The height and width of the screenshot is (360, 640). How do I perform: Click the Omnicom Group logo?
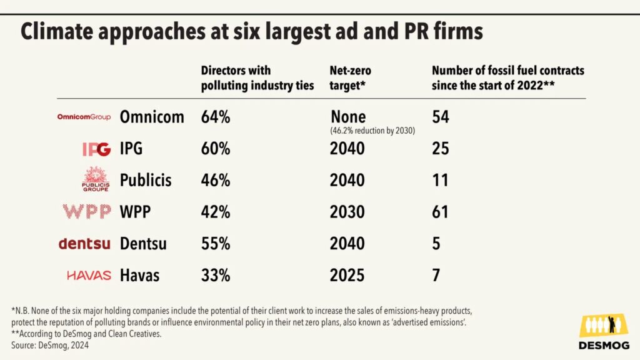(x=84, y=117)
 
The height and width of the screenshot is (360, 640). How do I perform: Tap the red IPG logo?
(x=96, y=149)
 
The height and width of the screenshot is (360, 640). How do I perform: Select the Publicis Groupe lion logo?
(x=96, y=180)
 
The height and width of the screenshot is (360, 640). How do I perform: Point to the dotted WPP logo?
(x=87, y=212)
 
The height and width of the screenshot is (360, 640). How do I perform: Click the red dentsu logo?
(x=84, y=244)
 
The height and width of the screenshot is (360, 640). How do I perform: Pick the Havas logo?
(x=89, y=276)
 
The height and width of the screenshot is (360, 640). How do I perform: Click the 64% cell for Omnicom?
(x=216, y=117)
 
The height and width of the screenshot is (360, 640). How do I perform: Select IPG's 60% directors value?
(x=216, y=149)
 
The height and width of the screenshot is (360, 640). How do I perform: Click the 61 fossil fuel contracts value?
(x=440, y=212)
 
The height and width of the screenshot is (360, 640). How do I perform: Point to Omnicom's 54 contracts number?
(x=441, y=117)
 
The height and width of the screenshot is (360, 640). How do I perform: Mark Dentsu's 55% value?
(x=216, y=244)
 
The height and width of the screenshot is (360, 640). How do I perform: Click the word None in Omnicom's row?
(x=348, y=117)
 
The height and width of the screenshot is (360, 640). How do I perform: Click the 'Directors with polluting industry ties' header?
(x=257, y=78)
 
